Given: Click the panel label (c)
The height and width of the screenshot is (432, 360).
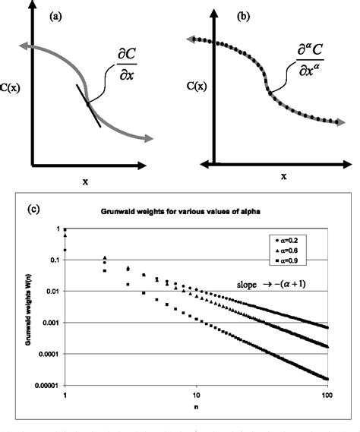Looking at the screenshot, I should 22,203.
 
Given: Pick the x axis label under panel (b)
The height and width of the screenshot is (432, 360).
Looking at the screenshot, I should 283,176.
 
